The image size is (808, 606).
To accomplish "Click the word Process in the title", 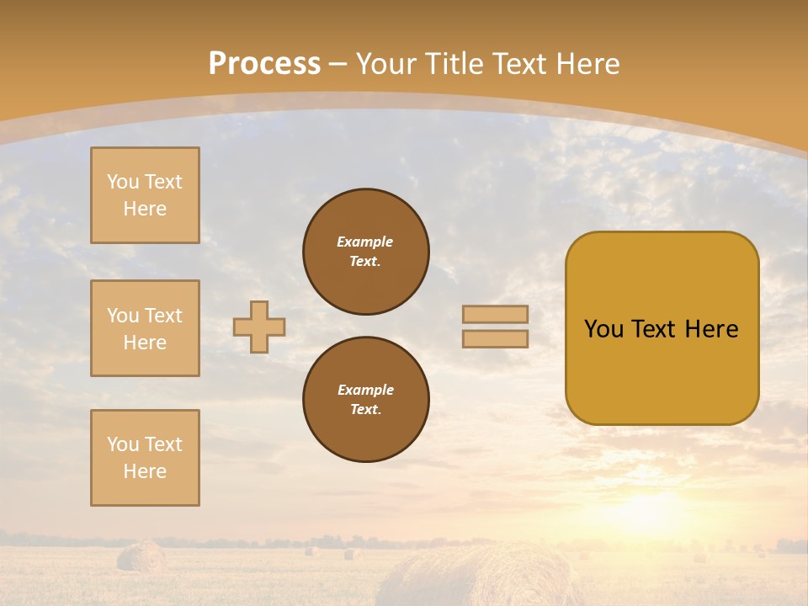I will [264, 64].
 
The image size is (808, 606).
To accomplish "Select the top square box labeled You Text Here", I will [145, 195].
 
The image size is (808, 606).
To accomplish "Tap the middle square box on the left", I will [145, 328].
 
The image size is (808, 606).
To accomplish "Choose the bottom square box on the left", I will [145, 458].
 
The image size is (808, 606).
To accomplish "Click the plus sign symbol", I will [259, 327].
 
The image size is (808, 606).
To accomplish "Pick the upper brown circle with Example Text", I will [366, 252].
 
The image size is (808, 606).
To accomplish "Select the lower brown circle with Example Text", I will [366, 400].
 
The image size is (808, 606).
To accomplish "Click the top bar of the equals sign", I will [495, 314].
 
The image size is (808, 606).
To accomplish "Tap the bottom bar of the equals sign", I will [495, 338].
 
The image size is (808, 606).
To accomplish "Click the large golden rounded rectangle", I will [662, 370].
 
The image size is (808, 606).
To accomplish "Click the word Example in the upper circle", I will [364, 242].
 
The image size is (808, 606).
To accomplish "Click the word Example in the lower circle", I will [365, 391].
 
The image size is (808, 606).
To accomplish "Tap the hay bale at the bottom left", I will [141, 557].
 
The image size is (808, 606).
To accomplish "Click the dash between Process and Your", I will [338, 64].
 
